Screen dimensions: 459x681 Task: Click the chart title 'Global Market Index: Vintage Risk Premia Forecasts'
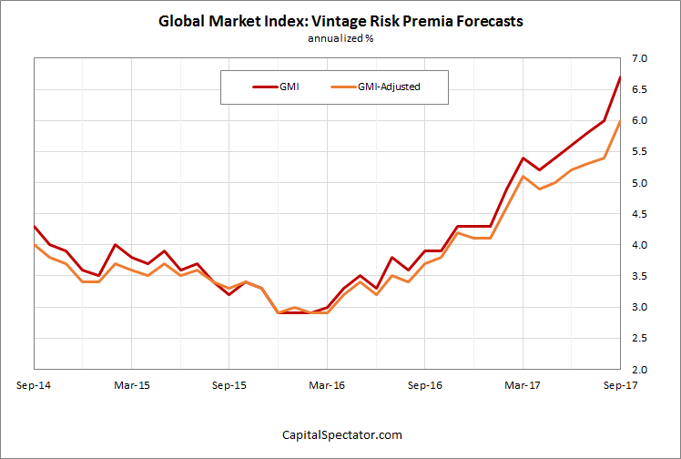point(340,21)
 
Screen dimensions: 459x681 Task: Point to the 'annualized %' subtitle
point(340,39)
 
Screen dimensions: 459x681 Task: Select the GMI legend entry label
point(290,87)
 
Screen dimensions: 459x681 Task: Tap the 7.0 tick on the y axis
point(639,58)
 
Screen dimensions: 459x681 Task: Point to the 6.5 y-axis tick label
point(639,89)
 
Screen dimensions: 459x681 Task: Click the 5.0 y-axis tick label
point(639,183)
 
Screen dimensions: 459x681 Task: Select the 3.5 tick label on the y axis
point(639,276)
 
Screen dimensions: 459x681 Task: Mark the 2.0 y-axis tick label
point(639,370)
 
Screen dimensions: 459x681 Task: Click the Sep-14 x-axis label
point(34,385)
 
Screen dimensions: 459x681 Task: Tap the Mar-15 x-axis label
point(132,385)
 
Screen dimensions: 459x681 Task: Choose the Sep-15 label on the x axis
point(229,385)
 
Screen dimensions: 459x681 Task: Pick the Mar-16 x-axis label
point(327,385)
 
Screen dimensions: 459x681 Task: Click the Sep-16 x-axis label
point(424,385)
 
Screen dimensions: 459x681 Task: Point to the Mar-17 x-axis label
point(522,385)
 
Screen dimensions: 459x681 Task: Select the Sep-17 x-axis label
point(619,385)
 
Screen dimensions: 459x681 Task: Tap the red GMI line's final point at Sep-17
point(620,77)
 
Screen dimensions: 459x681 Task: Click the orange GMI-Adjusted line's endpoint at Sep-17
point(620,121)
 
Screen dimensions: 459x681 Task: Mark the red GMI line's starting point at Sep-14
point(35,226)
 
